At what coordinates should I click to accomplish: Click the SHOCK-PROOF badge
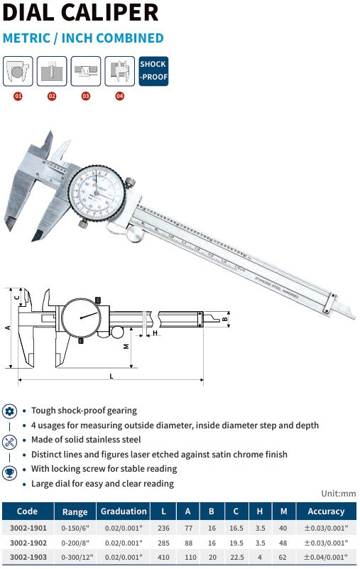[153, 71]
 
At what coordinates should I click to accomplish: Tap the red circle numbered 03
[86, 96]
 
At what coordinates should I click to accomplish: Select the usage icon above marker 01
[18, 71]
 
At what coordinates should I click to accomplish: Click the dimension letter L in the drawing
[111, 376]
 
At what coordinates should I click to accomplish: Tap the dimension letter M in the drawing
[125, 346]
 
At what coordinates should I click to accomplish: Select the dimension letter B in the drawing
[225, 320]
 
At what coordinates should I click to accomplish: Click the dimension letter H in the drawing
[154, 332]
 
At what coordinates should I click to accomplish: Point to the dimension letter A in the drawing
[7, 327]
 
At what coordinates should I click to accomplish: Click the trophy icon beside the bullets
[10, 472]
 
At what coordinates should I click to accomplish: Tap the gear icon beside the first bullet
[10, 411]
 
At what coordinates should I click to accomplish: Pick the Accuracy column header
[326, 511]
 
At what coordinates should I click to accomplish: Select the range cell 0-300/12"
[75, 558]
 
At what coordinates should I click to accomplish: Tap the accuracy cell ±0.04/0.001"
[326, 558]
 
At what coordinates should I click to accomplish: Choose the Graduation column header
[124, 511]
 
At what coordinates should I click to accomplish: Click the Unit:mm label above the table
[338, 494]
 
